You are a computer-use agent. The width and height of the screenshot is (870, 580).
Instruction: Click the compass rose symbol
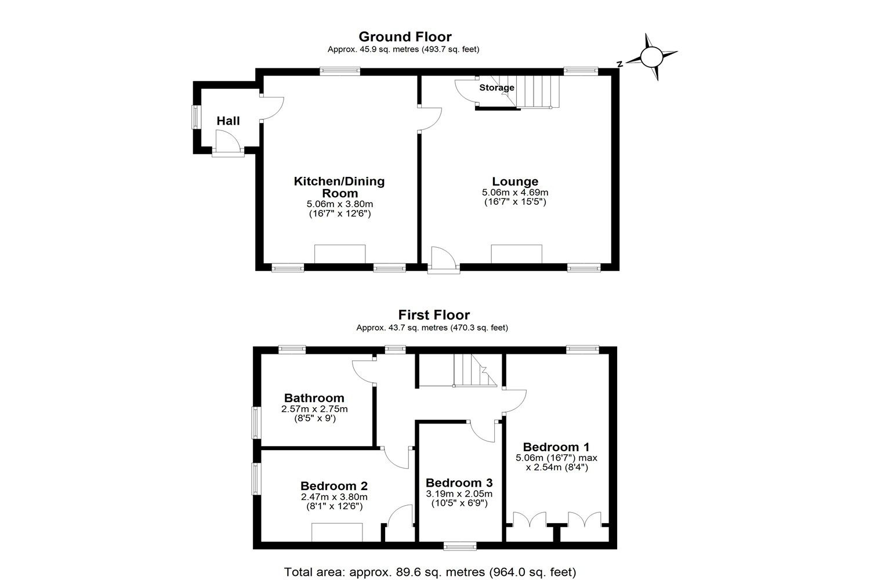(x=650, y=57)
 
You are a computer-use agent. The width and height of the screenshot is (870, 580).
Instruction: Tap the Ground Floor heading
(x=405, y=37)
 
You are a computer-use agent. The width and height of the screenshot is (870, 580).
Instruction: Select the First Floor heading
(x=434, y=315)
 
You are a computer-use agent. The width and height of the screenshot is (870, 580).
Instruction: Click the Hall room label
(x=228, y=121)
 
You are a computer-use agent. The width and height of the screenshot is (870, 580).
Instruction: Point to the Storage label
(x=496, y=88)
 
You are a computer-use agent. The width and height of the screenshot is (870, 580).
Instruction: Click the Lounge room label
(x=515, y=182)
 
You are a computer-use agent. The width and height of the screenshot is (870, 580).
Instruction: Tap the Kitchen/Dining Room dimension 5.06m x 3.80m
(x=339, y=204)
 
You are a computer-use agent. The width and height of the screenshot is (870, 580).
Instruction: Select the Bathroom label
(x=314, y=398)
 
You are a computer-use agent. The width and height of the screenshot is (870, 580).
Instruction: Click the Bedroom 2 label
(x=334, y=486)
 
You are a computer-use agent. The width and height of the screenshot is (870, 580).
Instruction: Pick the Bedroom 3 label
(x=459, y=483)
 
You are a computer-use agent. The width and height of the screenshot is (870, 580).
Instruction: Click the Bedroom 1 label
(x=556, y=447)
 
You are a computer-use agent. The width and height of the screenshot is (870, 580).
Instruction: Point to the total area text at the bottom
(x=430, y=572)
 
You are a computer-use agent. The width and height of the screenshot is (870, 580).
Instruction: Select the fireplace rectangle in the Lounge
(x=516, y=254)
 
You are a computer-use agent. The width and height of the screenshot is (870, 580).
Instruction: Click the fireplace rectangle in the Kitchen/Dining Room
(x=340, y=254)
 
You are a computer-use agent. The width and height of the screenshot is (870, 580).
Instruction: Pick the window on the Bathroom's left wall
(x=255, y=422)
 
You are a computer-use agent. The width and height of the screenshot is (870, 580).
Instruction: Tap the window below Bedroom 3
(x=460, y=545)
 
